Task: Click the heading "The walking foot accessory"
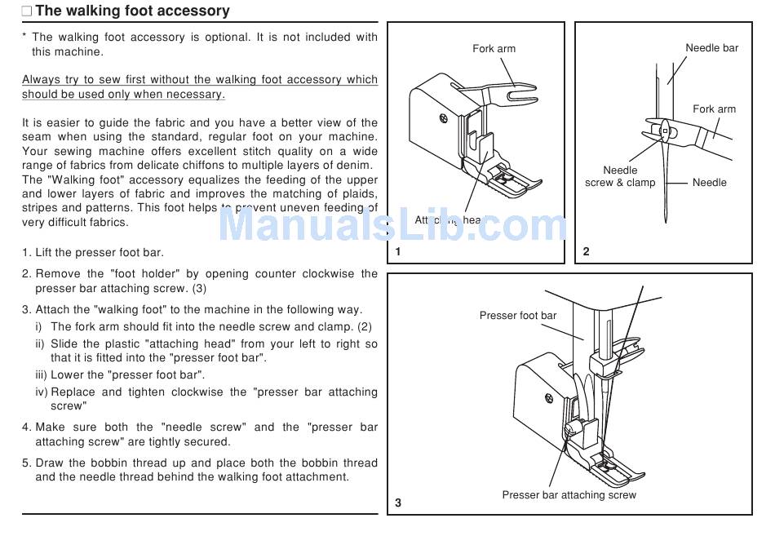[x=132, y=11]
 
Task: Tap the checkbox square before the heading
[x=27, y=12]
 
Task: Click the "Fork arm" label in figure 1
[x=494, y=49]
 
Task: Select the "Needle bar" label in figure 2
[x=711, y=48]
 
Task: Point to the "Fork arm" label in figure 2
[x=714, y=109]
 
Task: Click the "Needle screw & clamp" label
[x=620, y=177]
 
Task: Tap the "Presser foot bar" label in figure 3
[x=518, y=316]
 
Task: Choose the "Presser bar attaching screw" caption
[x=569, y=495]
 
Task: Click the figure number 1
[x=398, y=251]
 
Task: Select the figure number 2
[x=586, y=251]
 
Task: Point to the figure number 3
[x=398, y=503]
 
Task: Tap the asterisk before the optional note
[x=24, y=38]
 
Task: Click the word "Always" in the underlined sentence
[x=41, y=80]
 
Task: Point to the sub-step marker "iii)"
[x=42, y=375]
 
